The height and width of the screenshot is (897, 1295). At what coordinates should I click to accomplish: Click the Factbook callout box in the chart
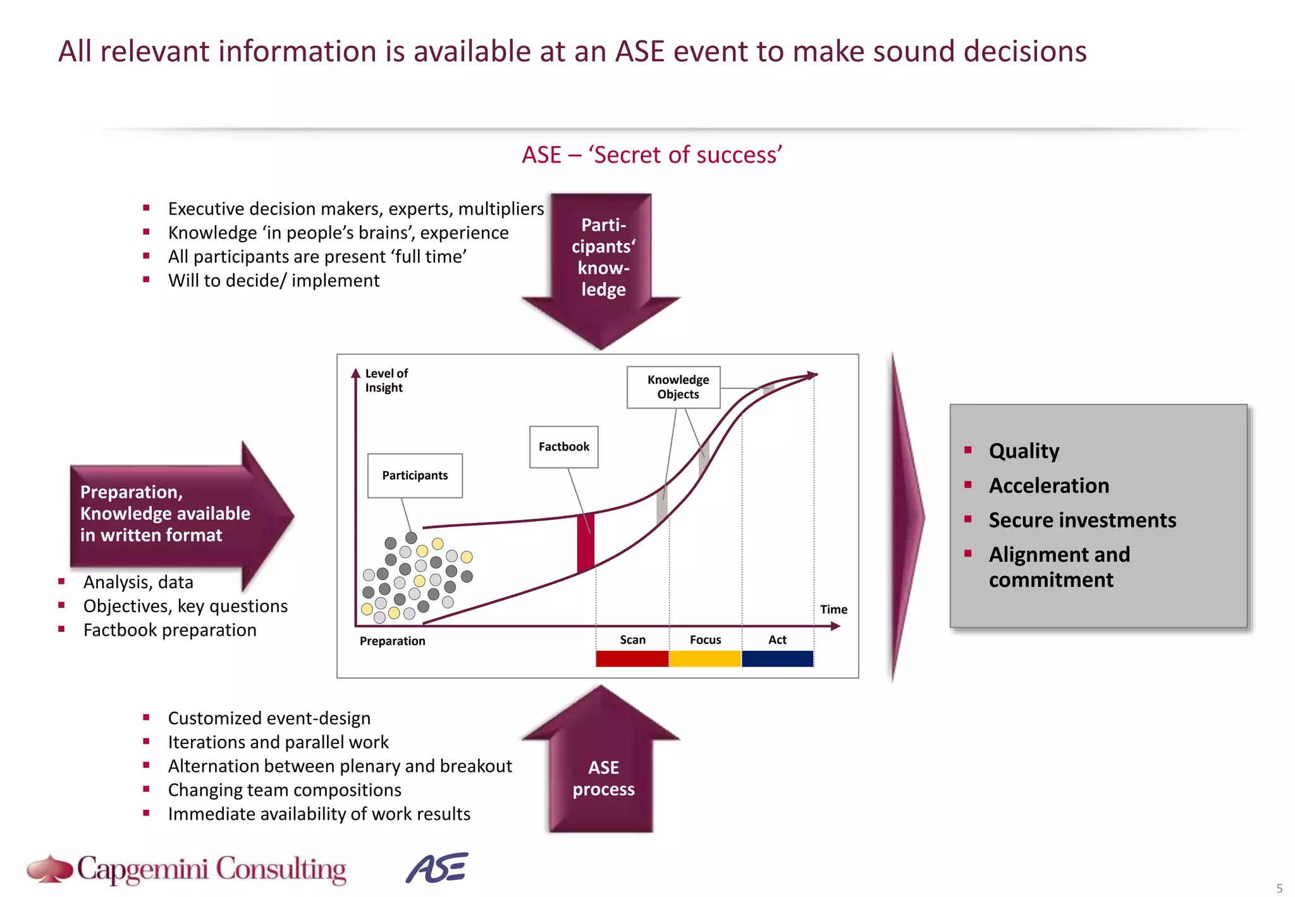tap(563, 447)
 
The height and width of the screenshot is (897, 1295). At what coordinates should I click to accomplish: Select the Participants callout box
tap(415, 475)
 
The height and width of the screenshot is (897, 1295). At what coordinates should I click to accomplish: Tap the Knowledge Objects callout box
tap(674, 387)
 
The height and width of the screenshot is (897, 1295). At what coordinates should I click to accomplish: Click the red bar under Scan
tap(632, 659)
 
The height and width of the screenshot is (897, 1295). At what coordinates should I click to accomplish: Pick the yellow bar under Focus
tap(705, 659)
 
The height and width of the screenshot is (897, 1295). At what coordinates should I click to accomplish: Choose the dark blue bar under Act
tap(777, 659)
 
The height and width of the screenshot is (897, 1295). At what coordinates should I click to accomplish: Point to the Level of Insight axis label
tap(386, 380)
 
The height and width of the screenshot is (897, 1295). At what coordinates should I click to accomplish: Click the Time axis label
tap(833, 609)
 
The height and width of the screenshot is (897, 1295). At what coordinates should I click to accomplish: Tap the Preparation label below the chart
tap(392, 641)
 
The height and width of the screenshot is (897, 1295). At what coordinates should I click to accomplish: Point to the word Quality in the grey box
tap(1024, 450)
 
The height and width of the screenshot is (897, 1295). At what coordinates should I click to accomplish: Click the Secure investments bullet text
tap(1082, 520)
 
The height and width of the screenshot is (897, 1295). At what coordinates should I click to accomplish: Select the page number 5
tap(1279, 888)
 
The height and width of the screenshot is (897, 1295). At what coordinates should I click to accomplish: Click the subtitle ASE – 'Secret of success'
tap(651, 155)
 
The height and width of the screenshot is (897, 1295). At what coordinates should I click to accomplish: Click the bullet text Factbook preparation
tap(169, 630)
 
